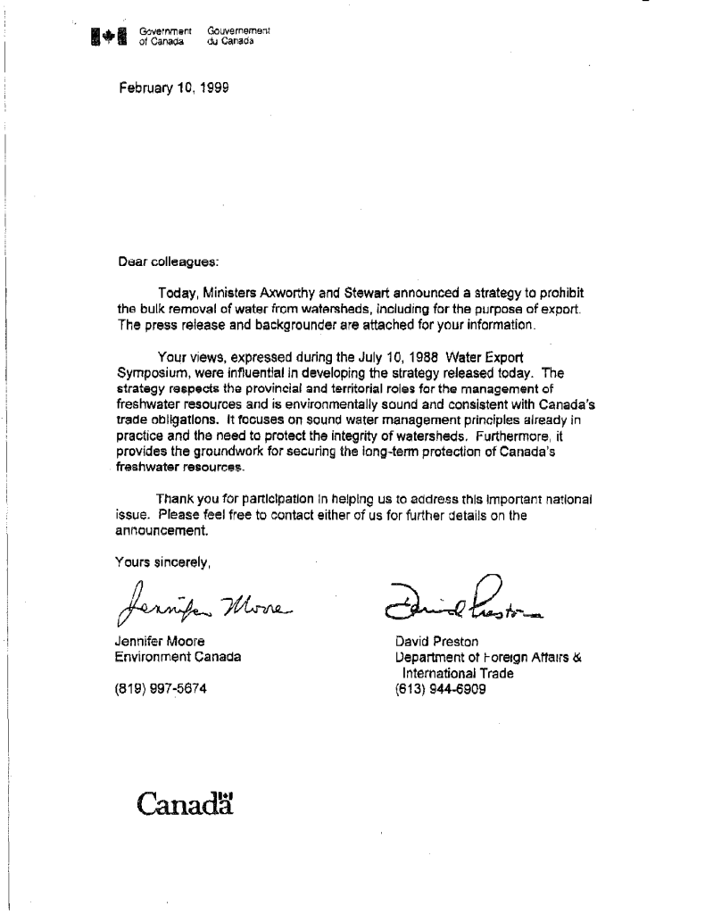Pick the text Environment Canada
[x=178, y=658]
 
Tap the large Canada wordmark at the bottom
[x=186, y=803]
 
